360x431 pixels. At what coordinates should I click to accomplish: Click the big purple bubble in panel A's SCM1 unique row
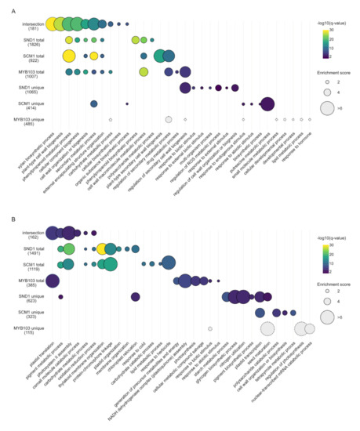pyautogui.click(x=267, y=103)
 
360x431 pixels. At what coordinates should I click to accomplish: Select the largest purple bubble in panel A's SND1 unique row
pyautogui.click(x=185, y=88)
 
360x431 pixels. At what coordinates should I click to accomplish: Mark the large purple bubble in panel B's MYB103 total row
pyautogui.click(x=53, y=281)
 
